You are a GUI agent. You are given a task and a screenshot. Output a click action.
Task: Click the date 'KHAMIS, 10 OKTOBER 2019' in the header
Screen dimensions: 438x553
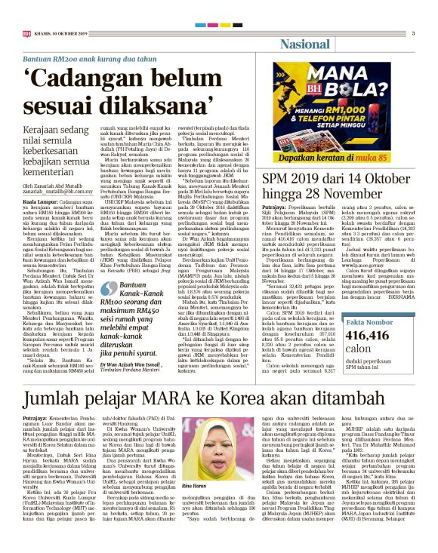tap(63, 33)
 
